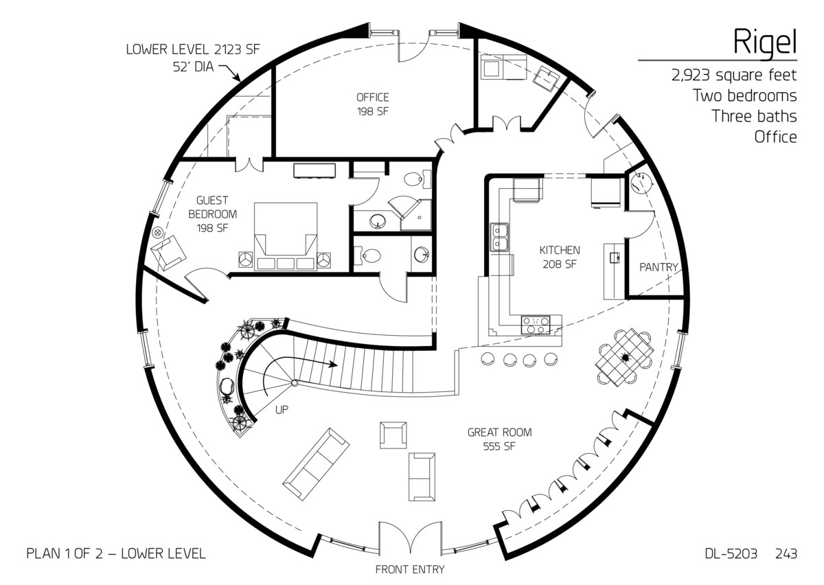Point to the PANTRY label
[x=659, y=267]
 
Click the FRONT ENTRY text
[x=409, y=569]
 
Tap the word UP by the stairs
[x=282, y=410]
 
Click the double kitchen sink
[x=499, y=238]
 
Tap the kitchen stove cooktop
[x=536, y=324]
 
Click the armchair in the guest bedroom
[x=169, y=252]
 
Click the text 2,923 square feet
[x=734, y=76]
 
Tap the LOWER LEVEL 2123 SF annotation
[x=193, y=49]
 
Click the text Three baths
[x=754, y=116]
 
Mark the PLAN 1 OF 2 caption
[x=115, y=553]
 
